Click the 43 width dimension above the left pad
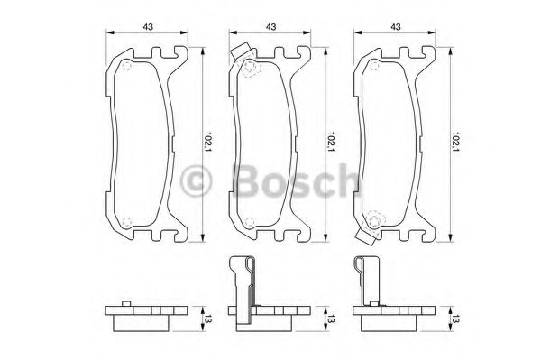pos(146,26)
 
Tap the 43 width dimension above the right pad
pos(396,26)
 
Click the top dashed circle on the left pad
pos(125,69)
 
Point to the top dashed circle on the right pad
pos(374,69)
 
